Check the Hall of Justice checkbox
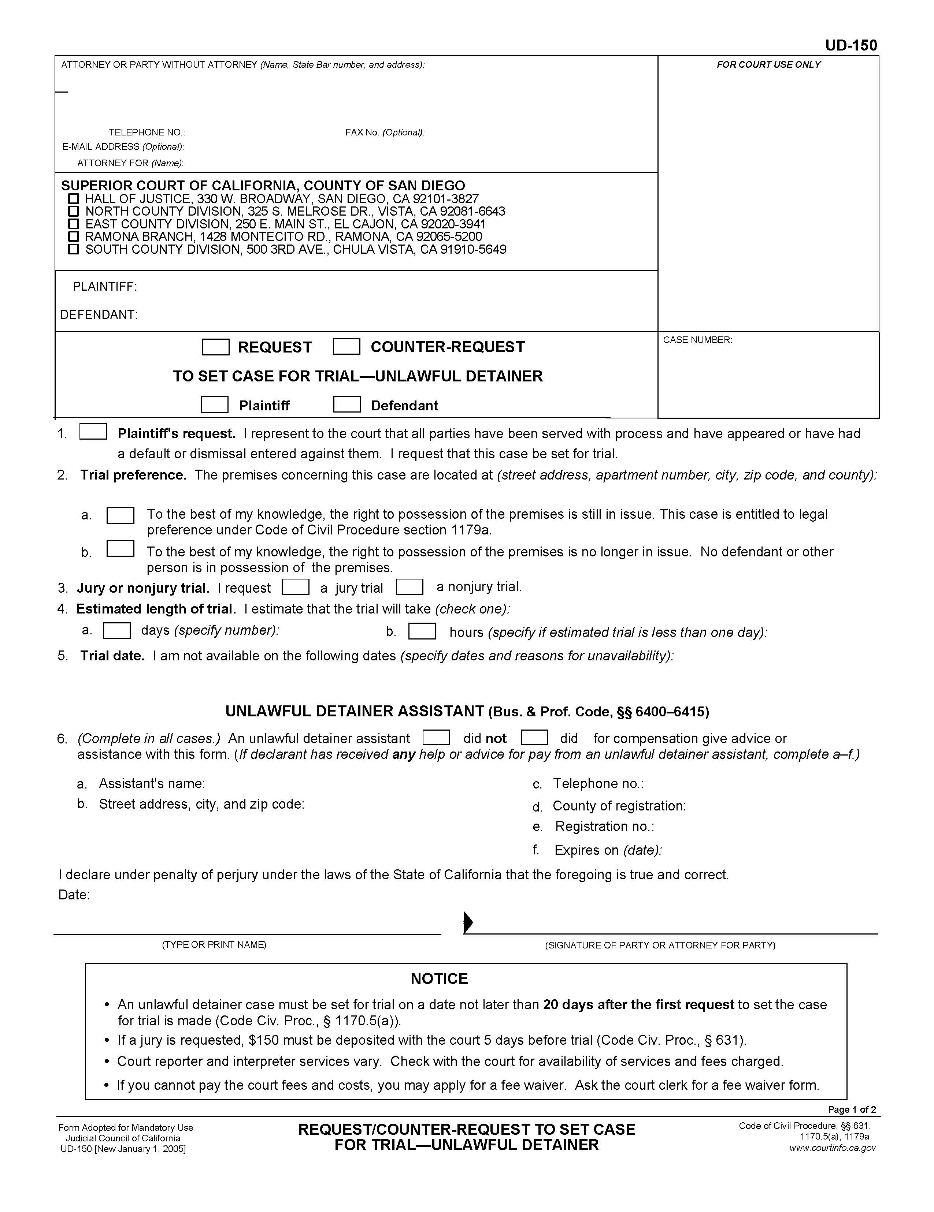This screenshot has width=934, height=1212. click(x=73, y=199)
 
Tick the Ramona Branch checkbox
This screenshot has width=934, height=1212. click(x=73, y=237)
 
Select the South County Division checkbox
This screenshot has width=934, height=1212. click(x=73, y=250)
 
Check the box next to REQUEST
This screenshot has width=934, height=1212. click(x=215, y=347)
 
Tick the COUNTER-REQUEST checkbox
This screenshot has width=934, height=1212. click(x=346, y=347)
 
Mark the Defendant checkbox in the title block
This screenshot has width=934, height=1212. click(x=346, y=404)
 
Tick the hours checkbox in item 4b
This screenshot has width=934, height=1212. click(x=422, y=631)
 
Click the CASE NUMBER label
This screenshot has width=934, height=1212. click(x=697, y=340)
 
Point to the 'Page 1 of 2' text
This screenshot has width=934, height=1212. click(x=852, y=1110)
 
